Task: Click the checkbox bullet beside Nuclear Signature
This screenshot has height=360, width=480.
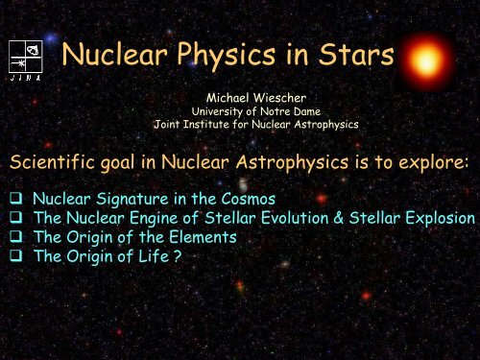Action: (13, 200)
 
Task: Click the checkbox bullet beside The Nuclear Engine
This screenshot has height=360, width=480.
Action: (13, 218)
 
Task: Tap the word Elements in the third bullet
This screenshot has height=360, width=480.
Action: (201, 236)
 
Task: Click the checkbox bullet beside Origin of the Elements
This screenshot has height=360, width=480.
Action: (13, 236)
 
